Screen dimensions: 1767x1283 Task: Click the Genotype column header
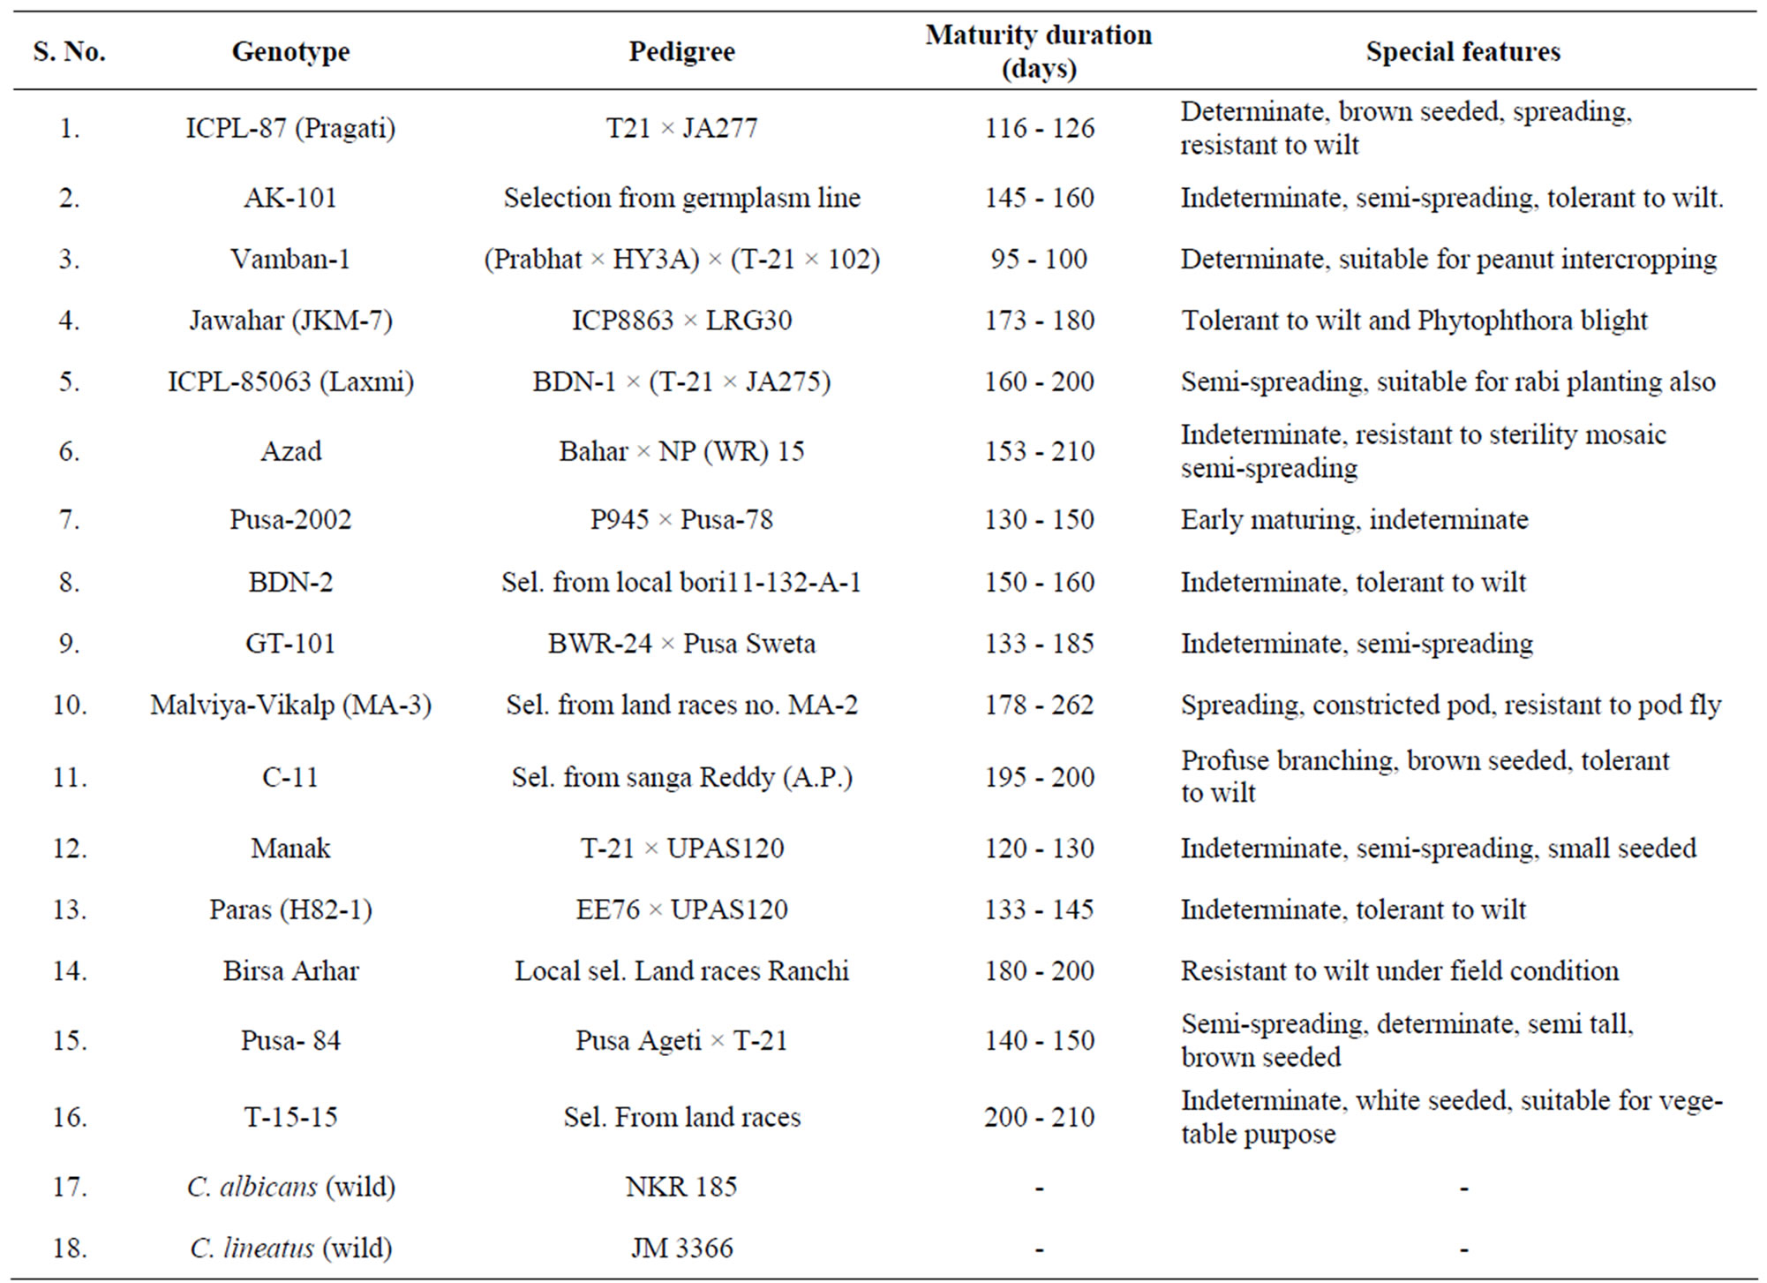[x=290, y=52]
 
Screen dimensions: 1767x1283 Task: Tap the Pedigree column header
[x=681, y=52]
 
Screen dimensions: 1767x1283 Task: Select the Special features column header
[x=1462, y=51]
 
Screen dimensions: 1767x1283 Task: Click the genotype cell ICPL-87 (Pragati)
[x=290, y=129]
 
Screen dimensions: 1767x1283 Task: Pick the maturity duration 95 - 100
[x=1039, y=260]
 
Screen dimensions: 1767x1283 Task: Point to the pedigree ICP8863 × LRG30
[x=681, y=321]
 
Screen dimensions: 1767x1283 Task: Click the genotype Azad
[x=290, y=451]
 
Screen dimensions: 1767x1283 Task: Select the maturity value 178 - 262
[x=1039, y=706]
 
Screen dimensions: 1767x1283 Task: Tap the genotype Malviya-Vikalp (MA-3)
[x=290, y=706]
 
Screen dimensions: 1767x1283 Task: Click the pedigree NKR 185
[x=681, y=1187]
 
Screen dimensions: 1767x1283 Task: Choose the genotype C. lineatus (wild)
[x=290, y=1249]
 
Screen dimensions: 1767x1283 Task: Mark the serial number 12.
[x=70, y=849]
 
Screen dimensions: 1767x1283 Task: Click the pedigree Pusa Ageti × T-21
[x=681, y=1041]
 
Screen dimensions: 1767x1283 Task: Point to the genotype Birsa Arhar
[x=290, y=971]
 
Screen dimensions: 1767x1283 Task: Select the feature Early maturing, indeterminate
[x=1354, y=520]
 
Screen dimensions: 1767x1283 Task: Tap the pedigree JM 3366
[x=681, y=1249]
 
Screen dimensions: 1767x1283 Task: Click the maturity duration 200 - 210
[x=1039, y=1118]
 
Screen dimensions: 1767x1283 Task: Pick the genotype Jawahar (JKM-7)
[x=290, y=321]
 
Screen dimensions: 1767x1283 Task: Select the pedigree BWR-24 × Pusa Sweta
[x=681, y=644]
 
